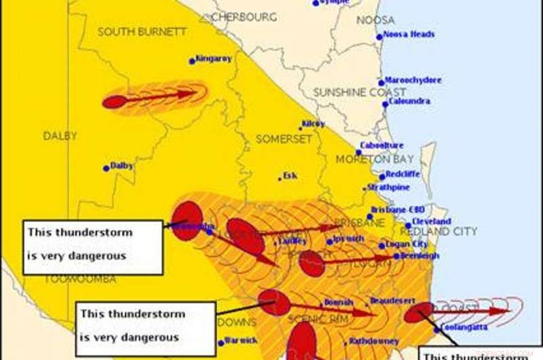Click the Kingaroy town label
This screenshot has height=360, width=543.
[x=214, y=59]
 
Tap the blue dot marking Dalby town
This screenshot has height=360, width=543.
[x=107, y=168]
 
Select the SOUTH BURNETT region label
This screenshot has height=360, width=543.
[x=132, y=32]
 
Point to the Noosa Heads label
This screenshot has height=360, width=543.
[x=409, y=35]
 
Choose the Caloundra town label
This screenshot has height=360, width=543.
[x=409, y=102]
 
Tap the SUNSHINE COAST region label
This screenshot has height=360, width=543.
[x=359, y=92]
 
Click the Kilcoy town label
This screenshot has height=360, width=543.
[x=313, y=124]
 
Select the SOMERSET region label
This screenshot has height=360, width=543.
[x=283, y=139]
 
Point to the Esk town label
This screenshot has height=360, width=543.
[x=290, y=176]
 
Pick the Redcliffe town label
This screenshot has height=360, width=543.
[x=403, y=175]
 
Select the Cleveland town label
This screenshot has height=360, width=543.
[x=432, y=222]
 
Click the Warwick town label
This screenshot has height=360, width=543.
[x=242, y=340]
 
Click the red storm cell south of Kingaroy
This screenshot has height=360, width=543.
[x=115, y=102]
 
